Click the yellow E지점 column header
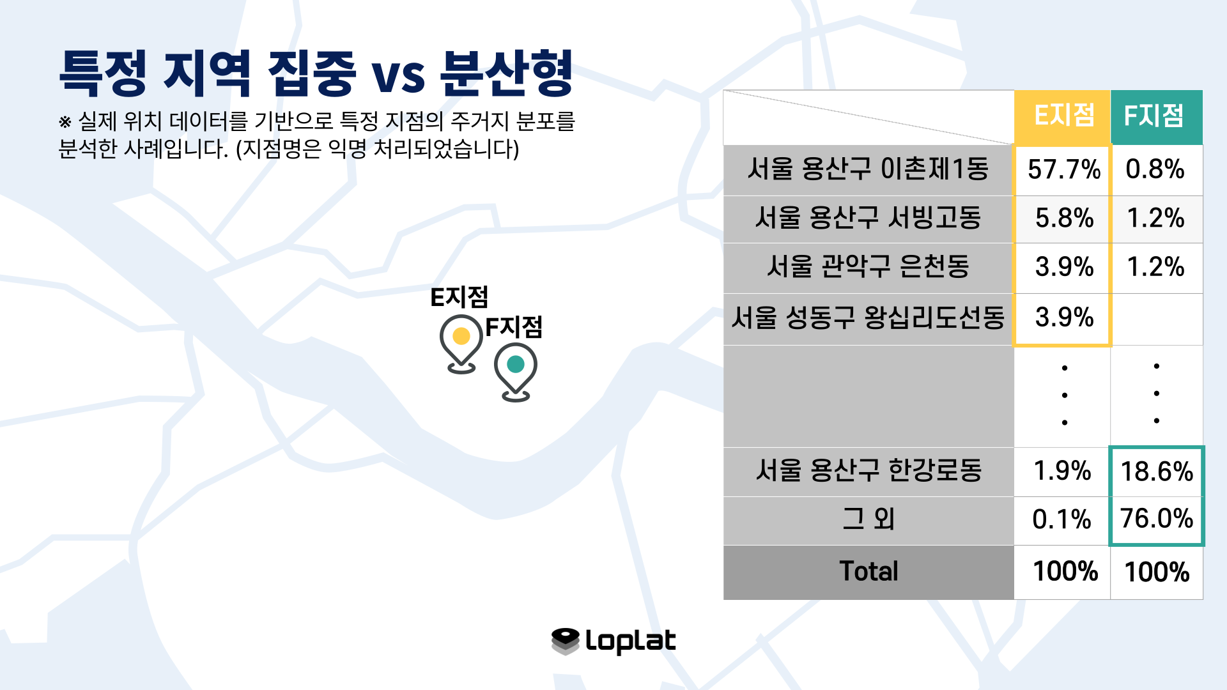(x=1062, y=117)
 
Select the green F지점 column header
(x=1157, y=117)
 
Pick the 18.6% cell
(x=1157, y=471)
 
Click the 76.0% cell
(x=1157, y=519)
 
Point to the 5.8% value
(x=1064, y=218)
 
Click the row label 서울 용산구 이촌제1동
(x=868, y=169)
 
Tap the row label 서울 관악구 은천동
(x=868, y=266)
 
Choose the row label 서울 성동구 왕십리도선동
(x=868, y=318)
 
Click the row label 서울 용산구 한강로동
(x=868, y=471)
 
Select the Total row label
(x=868, y=571)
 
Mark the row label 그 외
(x=868, y=519)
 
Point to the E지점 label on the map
(x=459, y=298)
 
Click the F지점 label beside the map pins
(x=514, y=327)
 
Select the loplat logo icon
(x=566, y=641)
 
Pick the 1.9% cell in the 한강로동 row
(x=1062, y=471)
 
